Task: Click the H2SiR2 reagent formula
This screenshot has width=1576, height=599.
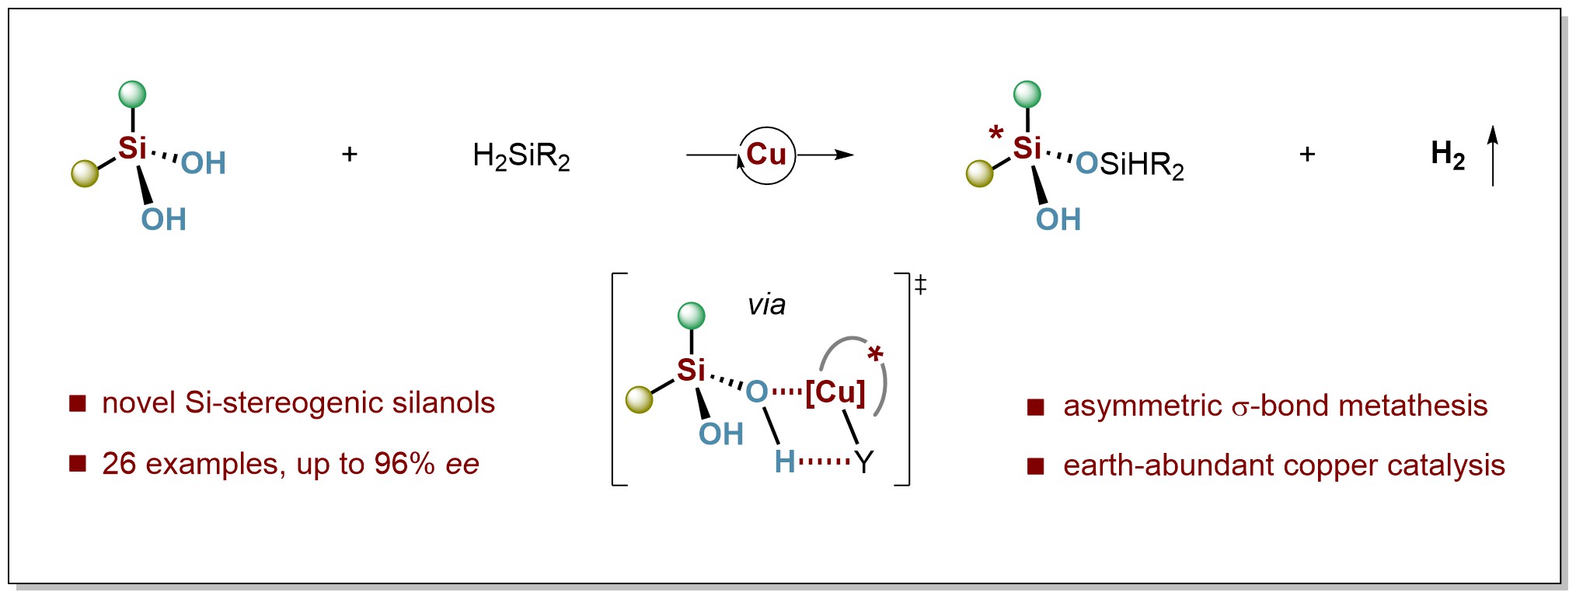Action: [x=521, y=156]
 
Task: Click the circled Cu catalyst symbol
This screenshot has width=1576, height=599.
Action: [x=766, y=155]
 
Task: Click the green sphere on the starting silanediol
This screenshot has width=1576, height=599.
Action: [x=133, y=95]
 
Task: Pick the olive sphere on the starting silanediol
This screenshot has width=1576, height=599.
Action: [x=85, y=173]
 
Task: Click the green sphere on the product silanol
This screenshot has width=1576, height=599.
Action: [x=1027, y=95]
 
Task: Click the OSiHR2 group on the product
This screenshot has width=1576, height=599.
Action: [x=1131, y=165]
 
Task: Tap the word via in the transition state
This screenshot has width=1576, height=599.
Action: [x=766, y=305]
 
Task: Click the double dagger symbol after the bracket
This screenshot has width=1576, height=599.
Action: [x=921, y=285]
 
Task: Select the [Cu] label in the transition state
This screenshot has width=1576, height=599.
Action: [x=835, y=392]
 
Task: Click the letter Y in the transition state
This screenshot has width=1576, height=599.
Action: [x=864, y=462]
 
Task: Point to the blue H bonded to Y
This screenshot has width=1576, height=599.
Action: [x=784, y=462]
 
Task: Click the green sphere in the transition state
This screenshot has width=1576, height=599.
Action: [x=691, y=316]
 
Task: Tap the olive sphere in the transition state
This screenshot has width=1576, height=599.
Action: [x=639, y=399]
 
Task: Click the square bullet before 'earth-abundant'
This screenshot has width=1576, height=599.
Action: [x=1035, y=466]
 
